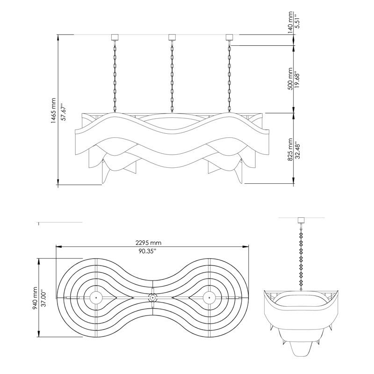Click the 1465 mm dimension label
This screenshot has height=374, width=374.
pyautogui.click(x=53, y=110)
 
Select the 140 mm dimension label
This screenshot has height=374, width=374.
pyautogui.click(x=290, y=22)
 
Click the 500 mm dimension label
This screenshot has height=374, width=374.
pyautogui.click(x=290, y=79)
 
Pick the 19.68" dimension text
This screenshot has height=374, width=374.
pyautogui.click(x=297, y=79)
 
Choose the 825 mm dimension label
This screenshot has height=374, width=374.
pyautogui.click(x=290, y=150)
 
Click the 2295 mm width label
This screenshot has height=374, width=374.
pyautogui.click(x=148, y=243)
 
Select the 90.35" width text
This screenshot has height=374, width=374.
pyautogui.click(x=147, y=251)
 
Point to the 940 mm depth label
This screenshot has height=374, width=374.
pyautogui.click(x=35, y=298)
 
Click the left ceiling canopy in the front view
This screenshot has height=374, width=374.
pyautogui.click(x=115, y=37)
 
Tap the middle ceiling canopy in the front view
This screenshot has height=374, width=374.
pyautogui.click(x=172, y=37)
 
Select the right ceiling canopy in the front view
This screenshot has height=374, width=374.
pyautogui.click(x=229, y=37)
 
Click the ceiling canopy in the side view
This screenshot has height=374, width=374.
pyautogui.click(x=302, y=220)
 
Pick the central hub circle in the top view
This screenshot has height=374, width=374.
pyautogui.click(x=152, y=298)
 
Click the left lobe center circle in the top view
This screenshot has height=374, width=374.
pyautogui.click(x=96, y=298)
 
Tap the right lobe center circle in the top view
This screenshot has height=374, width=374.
pyautogui.click(x=209, y=298)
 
